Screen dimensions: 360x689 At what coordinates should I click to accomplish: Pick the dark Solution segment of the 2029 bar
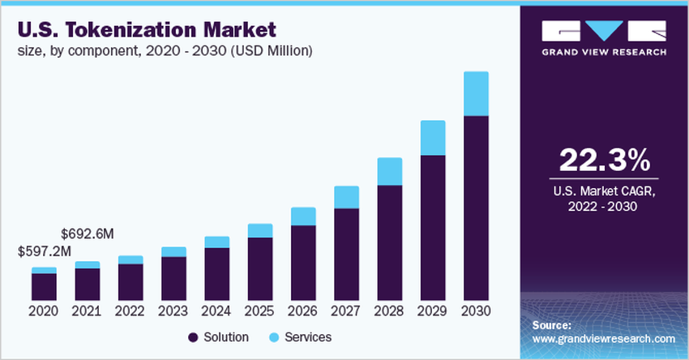tap(433, 227)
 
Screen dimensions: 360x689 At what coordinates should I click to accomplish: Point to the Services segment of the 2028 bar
tap(390, 171)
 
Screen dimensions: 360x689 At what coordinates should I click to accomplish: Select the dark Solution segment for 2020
tap(44, 286)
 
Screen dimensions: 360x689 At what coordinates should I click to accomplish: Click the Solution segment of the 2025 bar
tap(260, 268)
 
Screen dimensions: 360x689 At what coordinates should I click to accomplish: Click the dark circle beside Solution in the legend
tap(193, 336)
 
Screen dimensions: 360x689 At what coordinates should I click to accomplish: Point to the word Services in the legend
tap(309, 336)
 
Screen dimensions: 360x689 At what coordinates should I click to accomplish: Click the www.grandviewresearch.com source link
tap(603, 339)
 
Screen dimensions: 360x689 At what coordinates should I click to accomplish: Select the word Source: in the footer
tap(552, 325)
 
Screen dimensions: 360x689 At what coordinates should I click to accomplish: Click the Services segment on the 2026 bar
tap(303, 216)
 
